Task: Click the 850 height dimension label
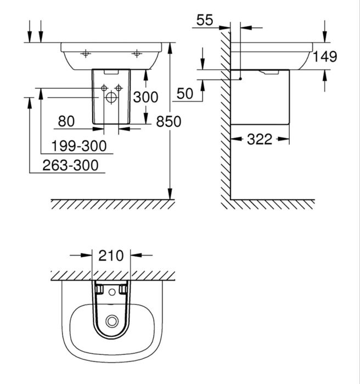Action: pyautogui.click(x=168, y=121)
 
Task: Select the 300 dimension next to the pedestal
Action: pyautogui.click(x=145, y=97)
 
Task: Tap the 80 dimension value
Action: pyautogui.click(x=66, y=120)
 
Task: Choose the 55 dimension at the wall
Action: pyautogui.click(x=204, y=20)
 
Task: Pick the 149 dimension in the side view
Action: pyautogui.click(x=326, y=56)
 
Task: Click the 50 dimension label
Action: pyautogui.click(x=185, y=94)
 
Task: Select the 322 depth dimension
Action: pyautogui.click(x=259, y=139)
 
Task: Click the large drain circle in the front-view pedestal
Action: pyautogui.click(x=111, y=99)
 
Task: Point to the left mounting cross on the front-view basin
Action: pyautogui.click(x=85, y=54)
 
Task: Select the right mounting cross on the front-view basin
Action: pyautogui.click(x=137, y=54)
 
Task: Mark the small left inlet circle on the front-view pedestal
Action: pyautogui.click(x=104, y=88)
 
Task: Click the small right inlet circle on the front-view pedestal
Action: pyautogui.click(x=118, y=88)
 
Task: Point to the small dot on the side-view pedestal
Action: pyautogui.click(x=240, y=79)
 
